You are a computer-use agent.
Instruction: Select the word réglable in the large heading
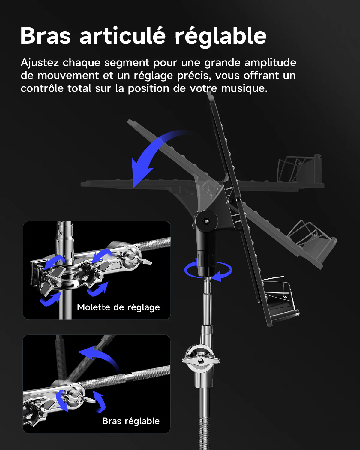pyautogui.click(x=221, y=37)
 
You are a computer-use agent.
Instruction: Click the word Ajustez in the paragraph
pyautogui.click(x=40, y=62)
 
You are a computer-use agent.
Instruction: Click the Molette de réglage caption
pyautogui.click(x=118, y=307)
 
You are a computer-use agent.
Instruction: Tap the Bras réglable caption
pyautogui.click(x=131, y=421)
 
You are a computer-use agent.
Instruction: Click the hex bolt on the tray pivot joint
pyautogui.click(x=206, y=221)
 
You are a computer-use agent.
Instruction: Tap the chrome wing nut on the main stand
pyautogui.click(x=201, y=361)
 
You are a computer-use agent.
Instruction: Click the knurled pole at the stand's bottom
pyautogui.click(x=204, y=431)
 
